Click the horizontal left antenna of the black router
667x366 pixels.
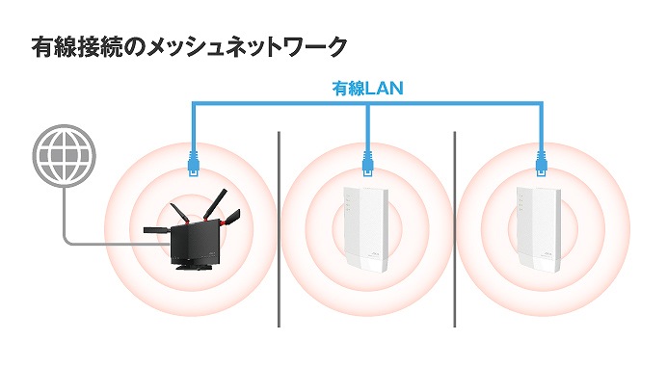pos(154,230)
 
